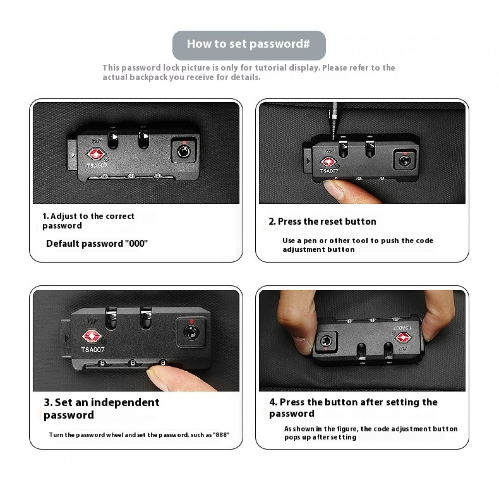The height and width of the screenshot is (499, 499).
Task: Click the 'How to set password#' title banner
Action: click(x=249, y=45)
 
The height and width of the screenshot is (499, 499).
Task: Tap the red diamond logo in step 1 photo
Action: click(x=96, y=154)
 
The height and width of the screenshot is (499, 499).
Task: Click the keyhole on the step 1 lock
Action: click(x=183, y=151)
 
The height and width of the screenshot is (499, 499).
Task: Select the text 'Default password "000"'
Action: click(x=97, y=244)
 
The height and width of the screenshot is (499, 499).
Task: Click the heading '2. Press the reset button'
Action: click(x=322, y=222)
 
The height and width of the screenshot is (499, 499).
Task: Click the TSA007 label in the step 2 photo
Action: click(x=329, y=171)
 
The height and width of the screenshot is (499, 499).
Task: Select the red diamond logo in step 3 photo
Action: click(x=92, y=336)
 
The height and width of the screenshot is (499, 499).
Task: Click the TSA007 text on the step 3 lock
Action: click(x=93, y=350)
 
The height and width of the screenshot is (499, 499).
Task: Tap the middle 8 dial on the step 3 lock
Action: click(x=133, y=363)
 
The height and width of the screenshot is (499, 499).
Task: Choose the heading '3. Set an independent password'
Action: click(x=101, y=409)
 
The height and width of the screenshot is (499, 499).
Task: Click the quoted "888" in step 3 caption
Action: click(x=221, y=435)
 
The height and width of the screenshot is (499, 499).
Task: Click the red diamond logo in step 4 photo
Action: click(x=404, y=338)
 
